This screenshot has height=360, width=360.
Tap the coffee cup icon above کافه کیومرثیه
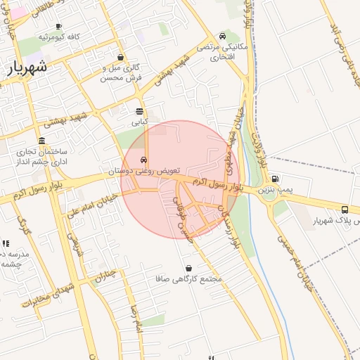coord(58,26)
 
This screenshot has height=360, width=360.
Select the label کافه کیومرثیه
coord(58,36)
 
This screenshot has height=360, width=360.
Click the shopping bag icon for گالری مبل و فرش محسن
coord(122,58)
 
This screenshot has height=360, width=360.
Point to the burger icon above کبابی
coord(140,111)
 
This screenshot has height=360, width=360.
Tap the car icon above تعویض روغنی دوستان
coord(143,160)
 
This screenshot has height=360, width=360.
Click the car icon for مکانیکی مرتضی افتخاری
coord(222,36)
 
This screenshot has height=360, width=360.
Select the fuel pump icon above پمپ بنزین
coord(274,179)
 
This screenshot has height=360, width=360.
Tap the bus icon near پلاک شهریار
coord(345,210)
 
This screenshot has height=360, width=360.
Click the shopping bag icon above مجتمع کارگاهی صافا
coord(188,268)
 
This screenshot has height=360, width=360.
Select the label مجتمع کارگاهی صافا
coord(188,278)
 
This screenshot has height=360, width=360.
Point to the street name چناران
coord(105,275)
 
